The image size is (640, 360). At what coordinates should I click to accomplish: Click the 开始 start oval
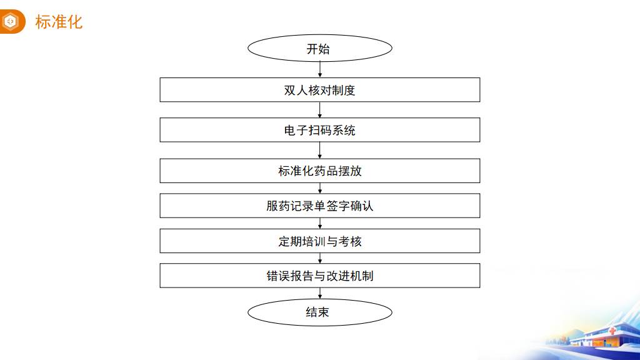tap(319, 49)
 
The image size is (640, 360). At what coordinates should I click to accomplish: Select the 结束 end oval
tap(319, 312)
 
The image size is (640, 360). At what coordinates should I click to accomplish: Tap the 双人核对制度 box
tap(319, 90)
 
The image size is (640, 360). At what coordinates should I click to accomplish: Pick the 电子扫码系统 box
tap(319, 130)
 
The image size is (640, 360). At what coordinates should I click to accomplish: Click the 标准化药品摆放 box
tap(319, 171)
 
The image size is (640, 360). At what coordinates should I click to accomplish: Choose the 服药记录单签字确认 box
tap(319, 206)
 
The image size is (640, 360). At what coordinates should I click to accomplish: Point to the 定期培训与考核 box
tap(319, 241)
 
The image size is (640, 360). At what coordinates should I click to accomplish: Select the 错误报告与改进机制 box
tap(319, 276)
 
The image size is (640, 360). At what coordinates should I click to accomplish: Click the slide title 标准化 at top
tap(59, 22)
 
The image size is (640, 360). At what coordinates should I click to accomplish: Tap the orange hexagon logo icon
tap(11, 22)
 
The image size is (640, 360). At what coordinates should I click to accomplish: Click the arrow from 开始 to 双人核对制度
tap(319, 69)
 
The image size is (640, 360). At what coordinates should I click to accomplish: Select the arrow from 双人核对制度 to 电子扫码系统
tap(319, 110)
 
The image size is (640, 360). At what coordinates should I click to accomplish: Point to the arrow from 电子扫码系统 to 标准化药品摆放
tap(319, 150)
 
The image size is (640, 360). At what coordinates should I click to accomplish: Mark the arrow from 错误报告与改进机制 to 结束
tap(319, 293)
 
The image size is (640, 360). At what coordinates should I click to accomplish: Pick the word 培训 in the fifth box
tap(313, 241)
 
